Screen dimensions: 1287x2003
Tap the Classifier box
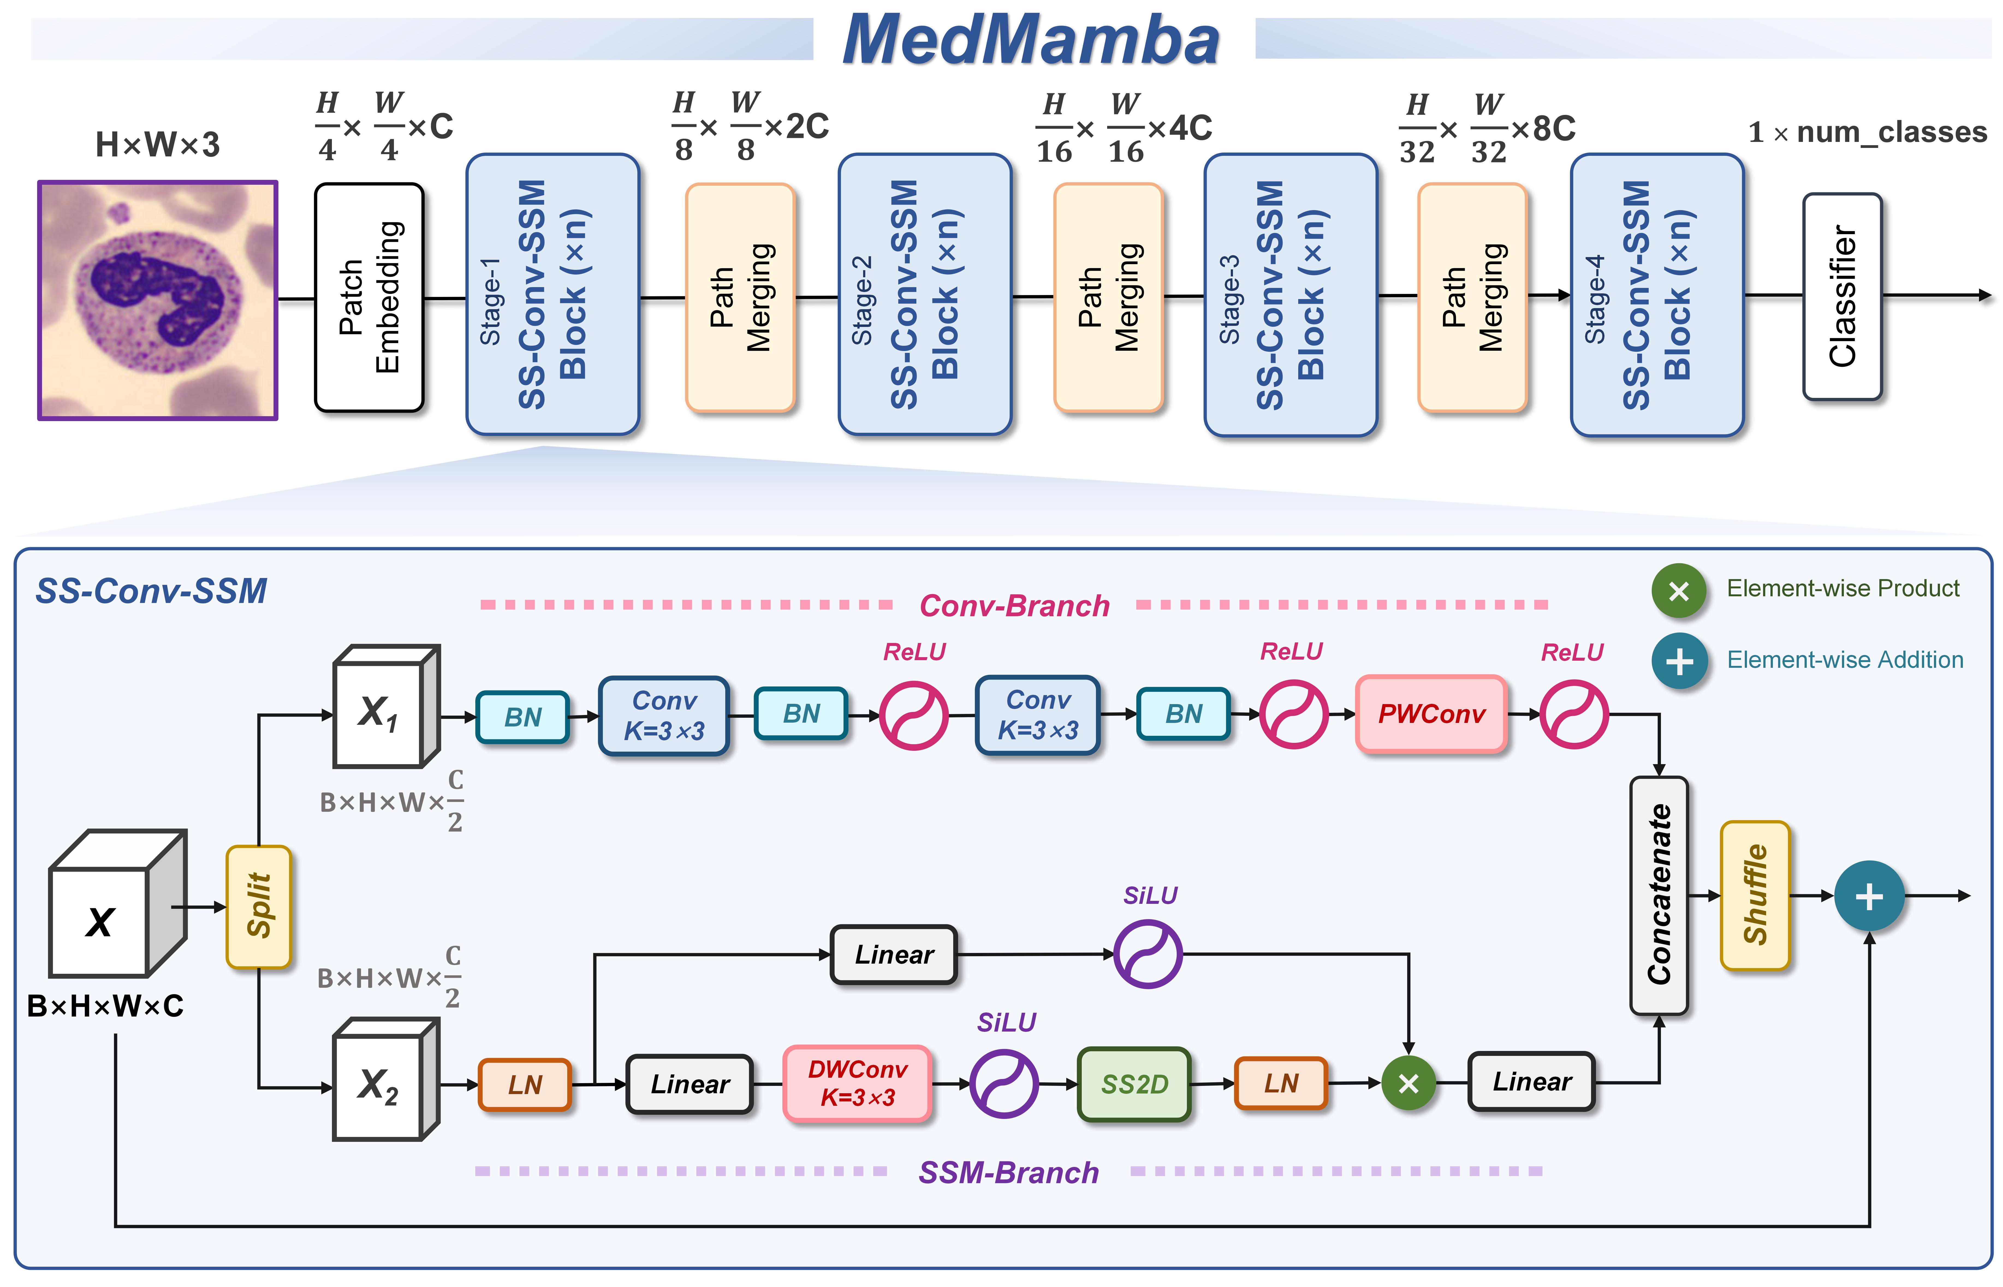tap(1842, 297)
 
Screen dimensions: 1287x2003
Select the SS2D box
tap(1134, 1084)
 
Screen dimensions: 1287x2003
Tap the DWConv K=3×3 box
tap(857, 1083)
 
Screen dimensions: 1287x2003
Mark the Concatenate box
tap(1659, 895)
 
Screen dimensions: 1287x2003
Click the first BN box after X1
tap(522, 716)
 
